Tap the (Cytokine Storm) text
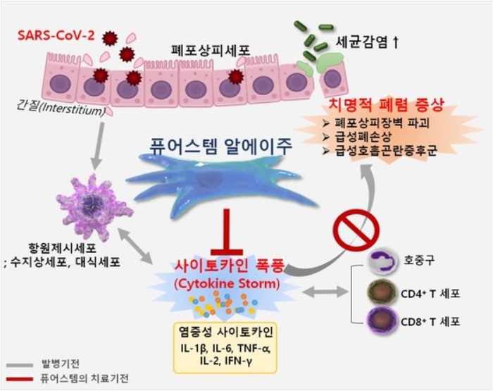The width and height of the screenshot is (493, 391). [x=226, y=284]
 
